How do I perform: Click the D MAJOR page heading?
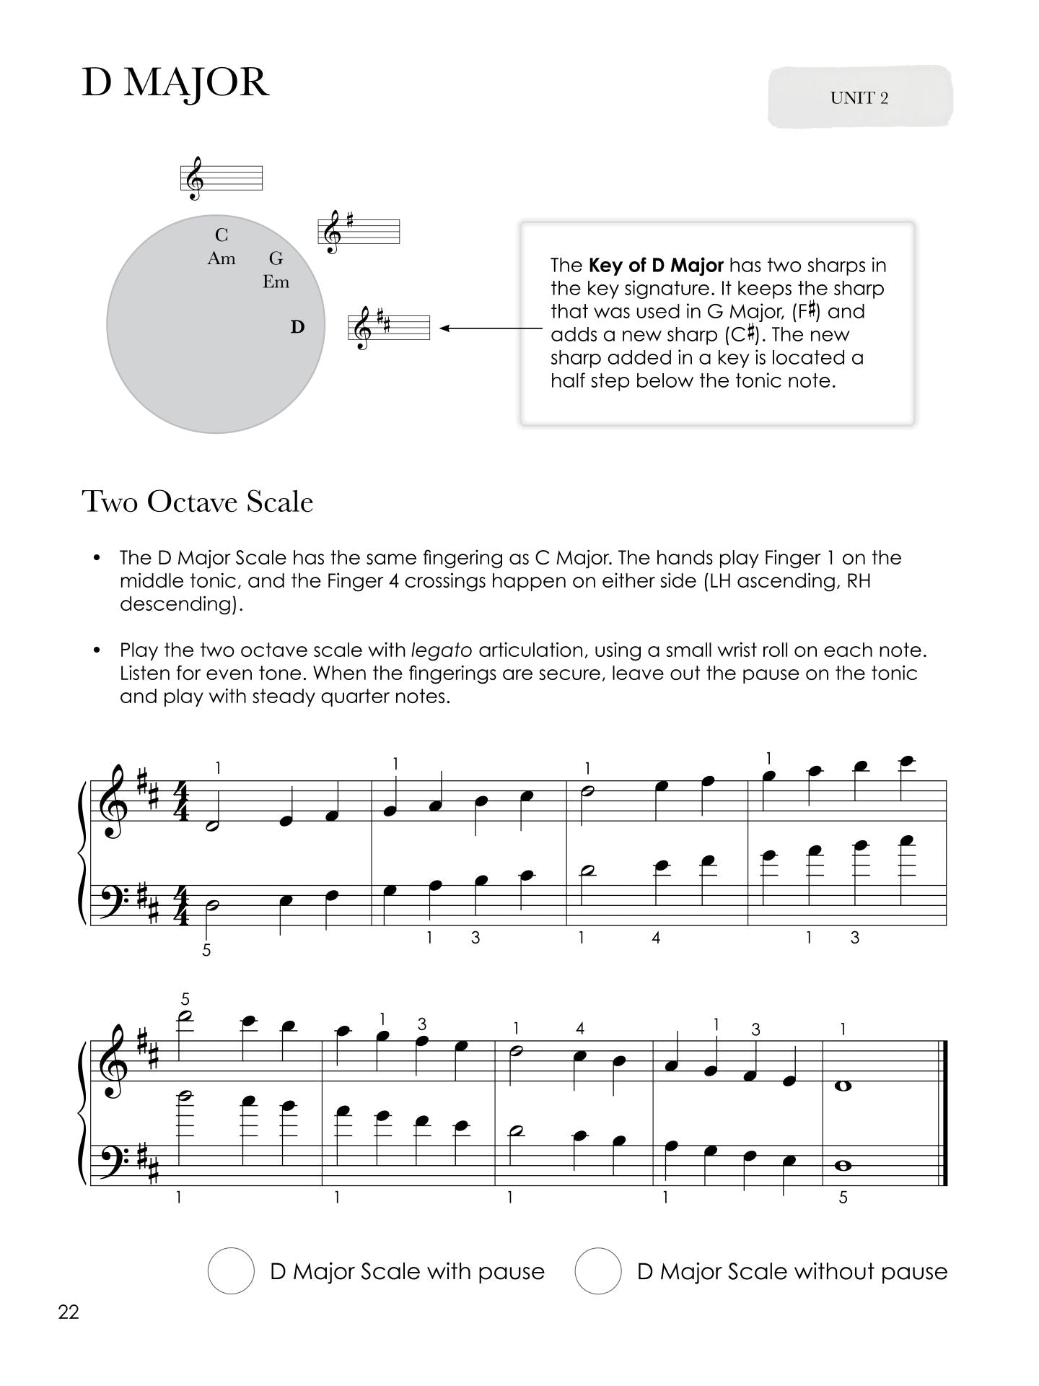[175, 83]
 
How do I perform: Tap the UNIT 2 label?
[859, 98]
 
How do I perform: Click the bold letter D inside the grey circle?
[297, 327]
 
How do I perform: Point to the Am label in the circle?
[221, 258]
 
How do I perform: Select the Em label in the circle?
[276, 282]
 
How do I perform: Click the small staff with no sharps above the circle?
[221, 178]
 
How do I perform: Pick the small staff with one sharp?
[359, 232]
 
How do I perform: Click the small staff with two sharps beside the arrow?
[389, 328]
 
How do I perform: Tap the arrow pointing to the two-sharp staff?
[491, 328]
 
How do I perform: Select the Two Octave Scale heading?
[198, 502]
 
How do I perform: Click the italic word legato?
[441, 650]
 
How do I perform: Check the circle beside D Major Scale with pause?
[231, 1270]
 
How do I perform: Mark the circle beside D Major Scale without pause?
[598, 1270]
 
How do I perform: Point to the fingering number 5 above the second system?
[185, 1000]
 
